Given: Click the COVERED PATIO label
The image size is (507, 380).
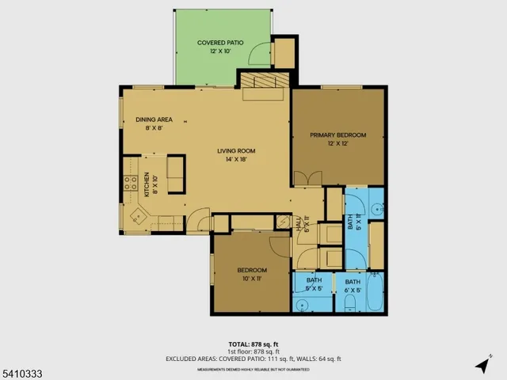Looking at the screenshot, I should (220, 42).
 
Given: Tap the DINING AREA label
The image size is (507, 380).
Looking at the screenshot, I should (148, 120).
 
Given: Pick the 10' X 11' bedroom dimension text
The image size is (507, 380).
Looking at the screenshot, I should (252, 279).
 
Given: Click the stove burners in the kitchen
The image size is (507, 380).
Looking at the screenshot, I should (130, 187).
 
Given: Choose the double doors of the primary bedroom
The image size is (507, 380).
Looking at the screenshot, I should (307, 178).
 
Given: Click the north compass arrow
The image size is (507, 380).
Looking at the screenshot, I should (482, 364).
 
